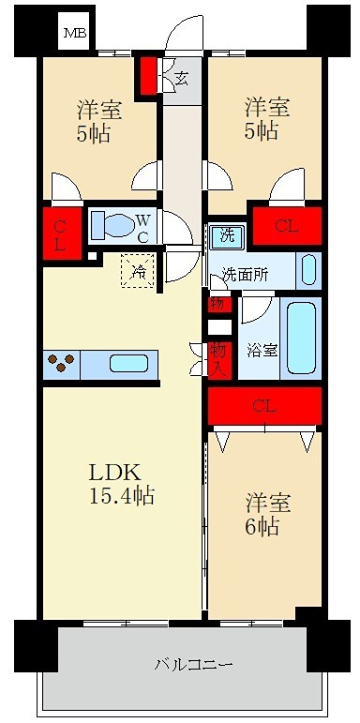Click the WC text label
click(142, 227)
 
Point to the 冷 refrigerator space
click(138, 272)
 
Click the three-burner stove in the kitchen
click(61, 364)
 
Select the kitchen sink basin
click(129, 364)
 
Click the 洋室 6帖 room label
click(262, 514)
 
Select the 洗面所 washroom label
click(246, 275)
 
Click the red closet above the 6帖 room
click(264, 406)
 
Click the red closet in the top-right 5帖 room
click(287, 226)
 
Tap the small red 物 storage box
click(217, 303)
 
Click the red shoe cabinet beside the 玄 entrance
click(149, 77)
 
